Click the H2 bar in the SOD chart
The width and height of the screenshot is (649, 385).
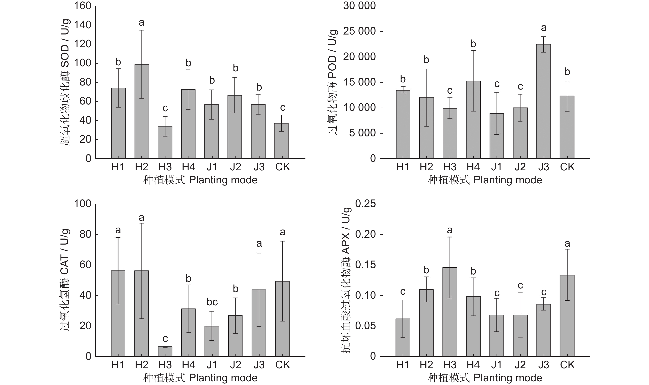tap(142, 111)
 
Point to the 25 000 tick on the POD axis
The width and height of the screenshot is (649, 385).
tap(359, 31)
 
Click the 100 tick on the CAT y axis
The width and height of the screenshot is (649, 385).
tap(82, 204)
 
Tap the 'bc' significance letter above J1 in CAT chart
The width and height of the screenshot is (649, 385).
tap(212, 302)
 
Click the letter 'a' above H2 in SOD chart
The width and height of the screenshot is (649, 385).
tap(141, 23)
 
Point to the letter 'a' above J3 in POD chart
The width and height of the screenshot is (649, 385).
tap(543, 28)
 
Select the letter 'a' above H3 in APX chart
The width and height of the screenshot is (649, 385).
tap(450, 230)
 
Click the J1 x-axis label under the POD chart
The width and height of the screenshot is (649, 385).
tap(496, 167)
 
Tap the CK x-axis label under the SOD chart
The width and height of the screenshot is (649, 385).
tap(282, 167)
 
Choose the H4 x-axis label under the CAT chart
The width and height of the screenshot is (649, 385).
tap(188, 365)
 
